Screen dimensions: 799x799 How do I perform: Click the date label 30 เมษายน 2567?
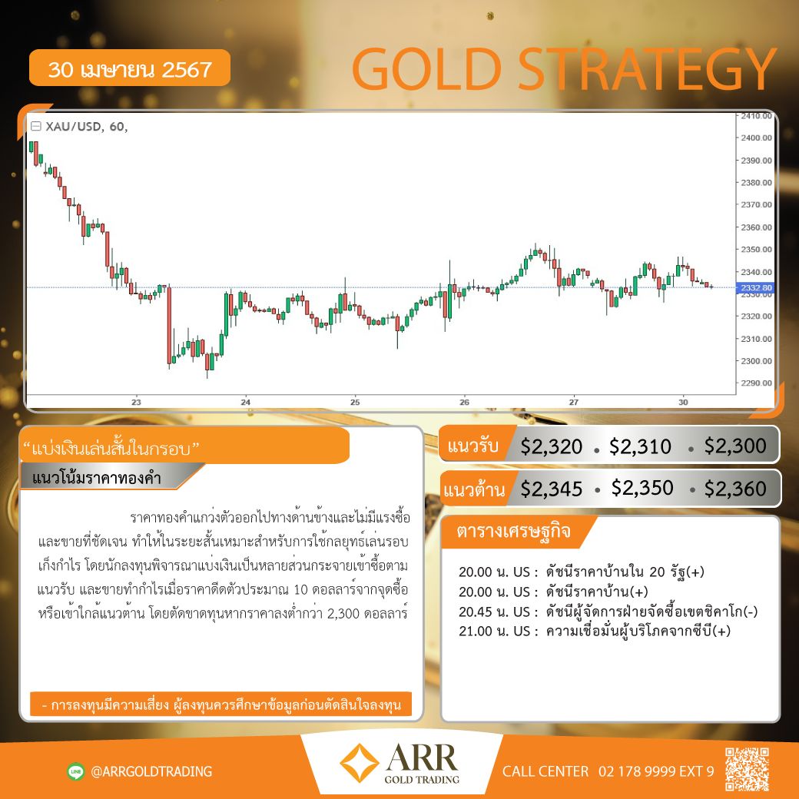click(x=130, y=69)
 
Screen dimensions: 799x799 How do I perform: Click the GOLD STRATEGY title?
click(x=565, y=69)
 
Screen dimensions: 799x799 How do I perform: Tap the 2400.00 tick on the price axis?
click(x=756, y=138)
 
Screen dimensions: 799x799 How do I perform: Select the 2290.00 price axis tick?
click(x=756, y=383)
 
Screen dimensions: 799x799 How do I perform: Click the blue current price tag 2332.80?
click(x=756, y=288)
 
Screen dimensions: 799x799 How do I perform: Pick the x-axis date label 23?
click(x=136, y=402)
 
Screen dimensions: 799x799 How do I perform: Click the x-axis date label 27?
click(x=574, y=402)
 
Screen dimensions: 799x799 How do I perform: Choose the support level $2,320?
click(x=552, y=446)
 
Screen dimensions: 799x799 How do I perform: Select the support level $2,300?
click(x=735, y=446)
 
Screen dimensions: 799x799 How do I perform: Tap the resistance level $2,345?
click(x=552, y=489)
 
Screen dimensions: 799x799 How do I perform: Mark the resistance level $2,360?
click(x=735, y=489)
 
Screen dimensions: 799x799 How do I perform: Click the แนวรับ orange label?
click(x=472, y=446)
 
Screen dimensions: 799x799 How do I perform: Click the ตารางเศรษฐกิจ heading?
click(x=513, y=532)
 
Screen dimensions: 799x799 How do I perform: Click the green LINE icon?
click(x=76, y=771)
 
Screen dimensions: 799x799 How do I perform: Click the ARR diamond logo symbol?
click(x=360, y=763)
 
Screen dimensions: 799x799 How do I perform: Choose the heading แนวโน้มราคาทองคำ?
click(x=97, y=478)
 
